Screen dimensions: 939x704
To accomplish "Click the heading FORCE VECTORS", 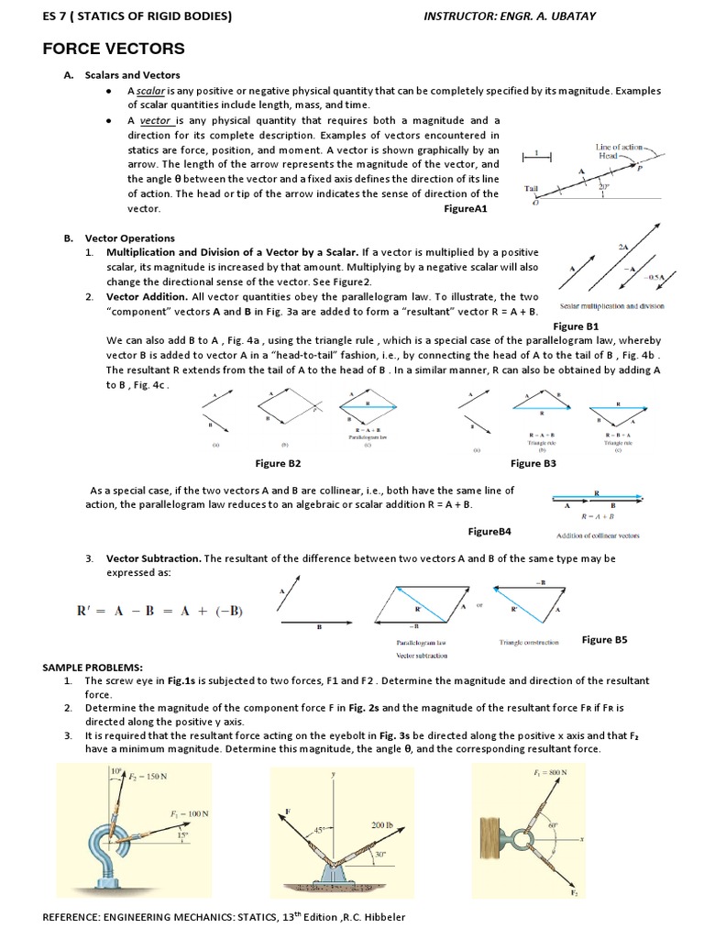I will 114,49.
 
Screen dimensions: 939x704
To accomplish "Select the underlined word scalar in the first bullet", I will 152,92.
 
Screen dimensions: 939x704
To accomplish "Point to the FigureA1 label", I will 466,209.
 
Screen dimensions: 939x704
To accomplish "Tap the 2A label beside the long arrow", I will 623,247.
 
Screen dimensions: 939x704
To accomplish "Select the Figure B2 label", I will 278,464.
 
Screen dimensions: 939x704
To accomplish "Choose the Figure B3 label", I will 533,464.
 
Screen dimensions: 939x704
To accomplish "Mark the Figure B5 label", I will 604,640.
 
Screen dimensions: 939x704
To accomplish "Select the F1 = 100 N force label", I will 189,813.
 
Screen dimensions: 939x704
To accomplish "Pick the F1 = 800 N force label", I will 550,772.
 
